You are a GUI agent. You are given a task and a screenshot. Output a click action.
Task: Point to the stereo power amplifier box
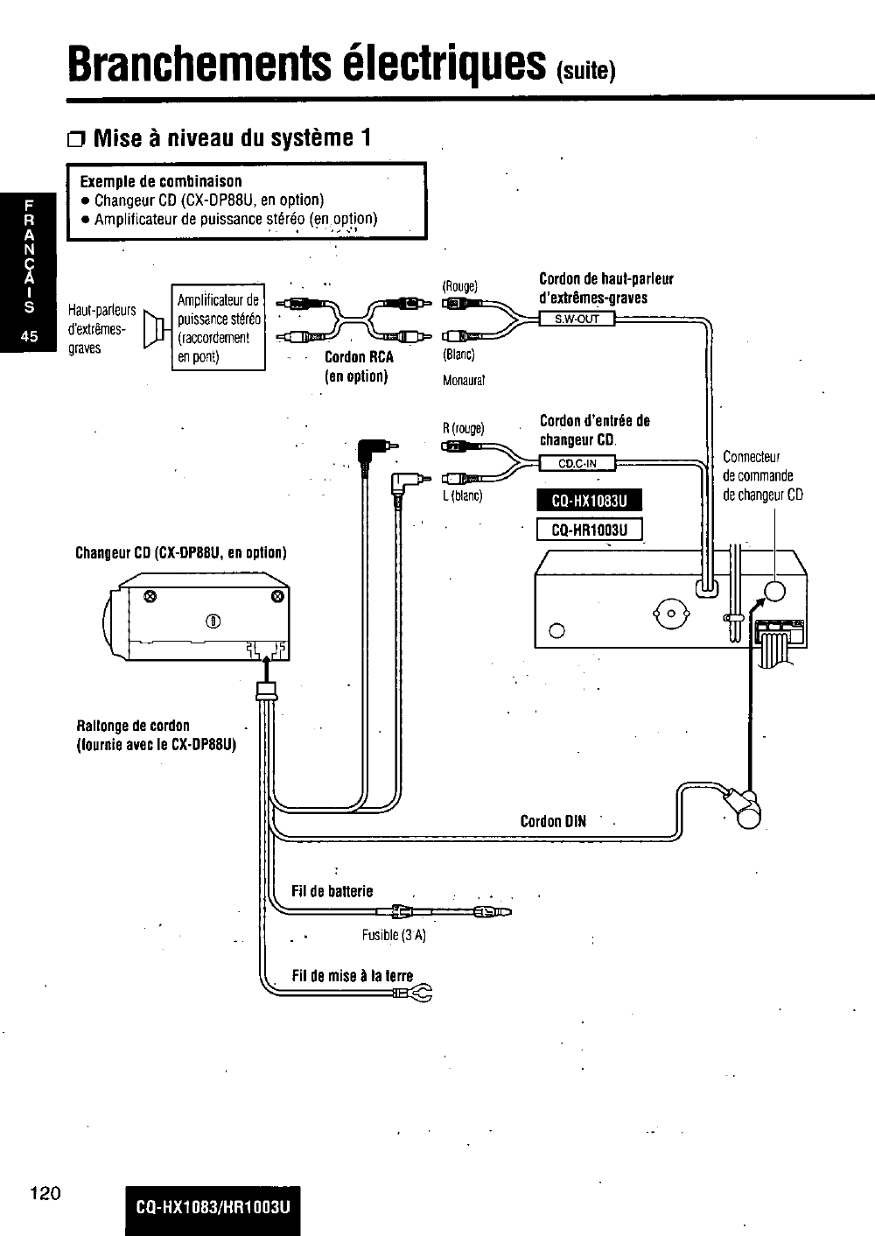point(219,328)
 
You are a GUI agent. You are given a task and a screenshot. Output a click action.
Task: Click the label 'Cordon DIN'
point(553,821)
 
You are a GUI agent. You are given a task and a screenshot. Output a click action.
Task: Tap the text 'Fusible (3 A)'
point(394,935)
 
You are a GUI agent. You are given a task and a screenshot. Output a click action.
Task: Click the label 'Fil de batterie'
point(332,891)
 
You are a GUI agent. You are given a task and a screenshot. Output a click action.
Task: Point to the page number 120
point(45,1191)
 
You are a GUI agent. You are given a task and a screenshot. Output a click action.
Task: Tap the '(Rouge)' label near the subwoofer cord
point(459,286)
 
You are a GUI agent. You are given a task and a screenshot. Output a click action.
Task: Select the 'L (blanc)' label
point(463,496)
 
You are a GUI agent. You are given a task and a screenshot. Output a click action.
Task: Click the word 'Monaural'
point(464,381)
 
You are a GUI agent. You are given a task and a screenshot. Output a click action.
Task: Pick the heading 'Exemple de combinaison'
point(161,181)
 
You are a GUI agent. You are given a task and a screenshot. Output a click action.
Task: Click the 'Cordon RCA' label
point(359,357)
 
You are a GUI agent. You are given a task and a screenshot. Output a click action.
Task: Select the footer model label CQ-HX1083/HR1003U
point(213,1209)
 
